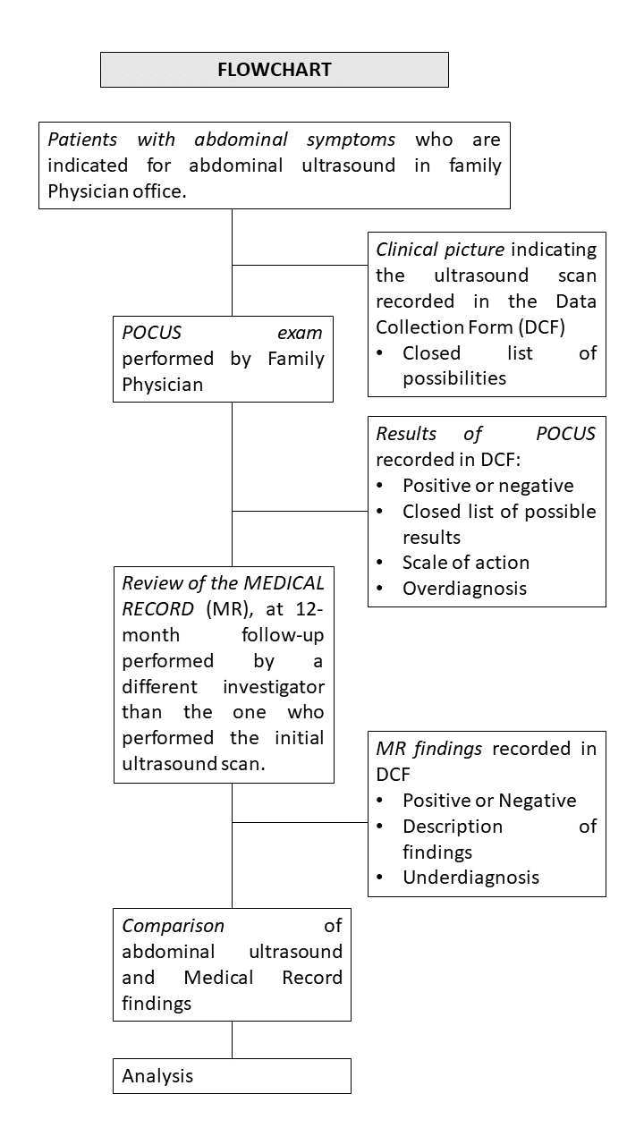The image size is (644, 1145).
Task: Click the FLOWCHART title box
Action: pos(274,70)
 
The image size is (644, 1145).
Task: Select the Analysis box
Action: pos(232,1075)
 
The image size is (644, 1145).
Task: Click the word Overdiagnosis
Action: pos(464,588)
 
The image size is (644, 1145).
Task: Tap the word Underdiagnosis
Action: pos(470,877)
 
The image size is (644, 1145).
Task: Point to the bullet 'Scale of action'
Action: pos(465,562)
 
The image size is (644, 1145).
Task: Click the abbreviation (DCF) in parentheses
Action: pos(570,327)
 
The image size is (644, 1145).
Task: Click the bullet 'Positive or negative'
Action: pos(487,485)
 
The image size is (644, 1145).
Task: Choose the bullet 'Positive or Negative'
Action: pos(489,800)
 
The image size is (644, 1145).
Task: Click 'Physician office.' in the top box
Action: pos(117,191)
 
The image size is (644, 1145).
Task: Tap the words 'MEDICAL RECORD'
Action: pos(224,596)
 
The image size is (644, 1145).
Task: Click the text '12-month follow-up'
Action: pos(224,623)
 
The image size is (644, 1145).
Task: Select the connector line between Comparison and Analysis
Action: pos(232,1039)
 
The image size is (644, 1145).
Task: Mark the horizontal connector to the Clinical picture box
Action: pos(300,265)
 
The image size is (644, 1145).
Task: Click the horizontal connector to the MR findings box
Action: pos(300,822)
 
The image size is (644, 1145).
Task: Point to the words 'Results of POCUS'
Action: pos(486,433)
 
